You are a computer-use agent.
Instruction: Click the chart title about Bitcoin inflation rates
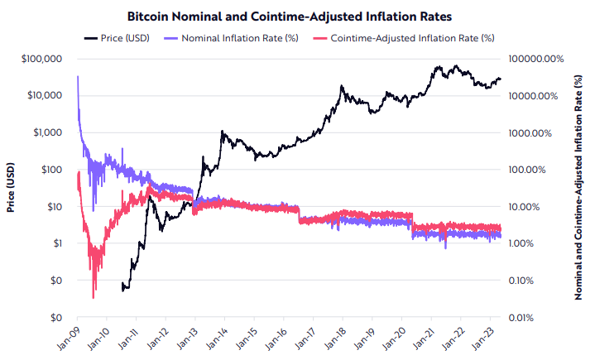coord(297,16)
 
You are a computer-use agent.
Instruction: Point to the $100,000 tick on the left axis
coord(39,59)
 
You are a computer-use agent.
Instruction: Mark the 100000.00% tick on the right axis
coord(535,59)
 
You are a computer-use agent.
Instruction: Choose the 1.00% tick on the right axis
coord(548,243)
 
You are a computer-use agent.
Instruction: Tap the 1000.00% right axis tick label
coord(541,132)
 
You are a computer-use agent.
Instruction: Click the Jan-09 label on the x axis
coord(70,337)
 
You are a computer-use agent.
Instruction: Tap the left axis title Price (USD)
coord(12,188)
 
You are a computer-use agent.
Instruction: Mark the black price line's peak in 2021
coord(436,65)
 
